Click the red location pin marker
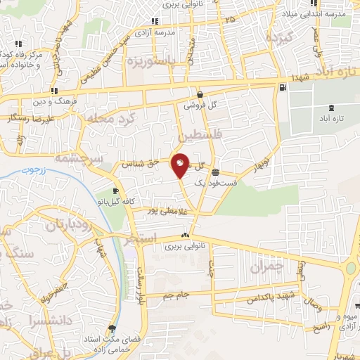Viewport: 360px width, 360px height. coord(180,165)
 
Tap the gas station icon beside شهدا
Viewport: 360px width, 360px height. coord(283,87)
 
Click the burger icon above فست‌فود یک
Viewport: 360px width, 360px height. coord(214,172)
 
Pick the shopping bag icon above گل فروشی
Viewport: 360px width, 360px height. coord(200,95)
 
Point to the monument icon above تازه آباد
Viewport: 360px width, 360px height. coord(331,108)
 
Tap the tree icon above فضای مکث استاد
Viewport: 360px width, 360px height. coord(112,328)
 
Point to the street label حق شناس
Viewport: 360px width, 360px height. coord(138,164)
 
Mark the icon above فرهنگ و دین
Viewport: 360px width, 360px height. coord(54,91)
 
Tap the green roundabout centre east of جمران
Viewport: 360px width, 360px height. coord(351,269)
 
